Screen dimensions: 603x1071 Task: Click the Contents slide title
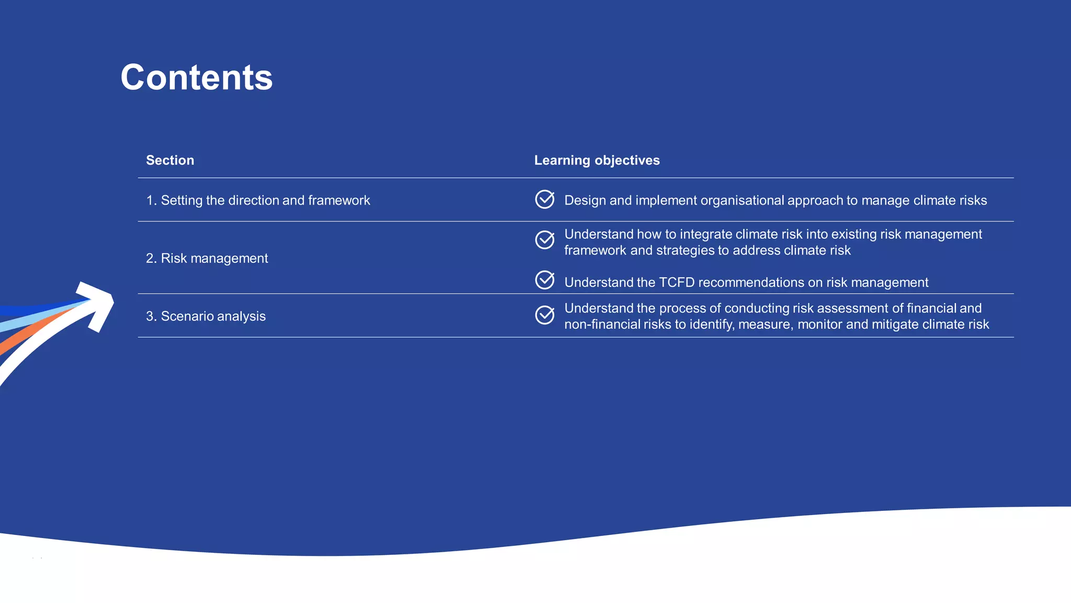[x=197, y=77]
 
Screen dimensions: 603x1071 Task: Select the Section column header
[x=170, y=160]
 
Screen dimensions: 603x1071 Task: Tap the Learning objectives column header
[x=597, y=160]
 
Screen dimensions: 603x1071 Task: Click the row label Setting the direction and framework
[x=258, y=200]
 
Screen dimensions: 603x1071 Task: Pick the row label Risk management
[x=207, y=259]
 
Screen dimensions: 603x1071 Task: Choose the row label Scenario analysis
[x=206, y=316]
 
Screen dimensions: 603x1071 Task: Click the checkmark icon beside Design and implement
[x=544, y=199]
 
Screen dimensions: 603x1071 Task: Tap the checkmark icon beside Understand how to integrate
[x=544, y=240]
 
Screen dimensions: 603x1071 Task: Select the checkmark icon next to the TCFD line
[x=544, y=280]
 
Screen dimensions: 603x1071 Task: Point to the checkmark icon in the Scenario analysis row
[x=544, y=315]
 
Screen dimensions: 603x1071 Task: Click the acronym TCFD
[x=677, y=283]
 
